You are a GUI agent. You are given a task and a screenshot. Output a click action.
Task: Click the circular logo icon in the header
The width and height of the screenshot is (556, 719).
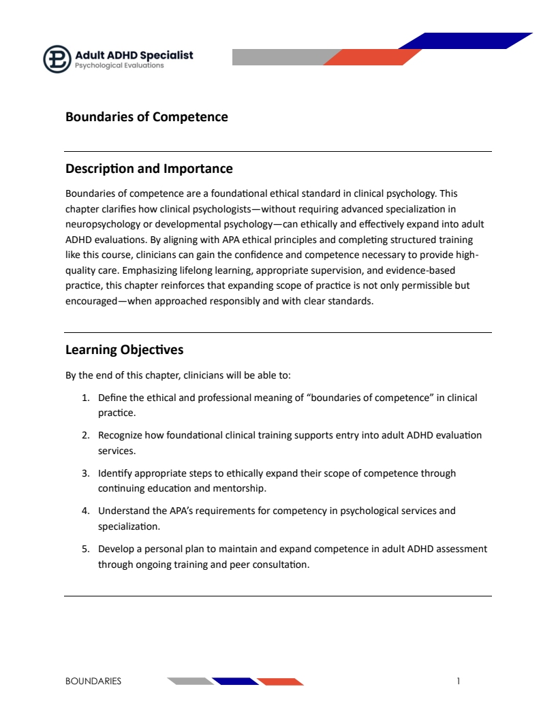57,59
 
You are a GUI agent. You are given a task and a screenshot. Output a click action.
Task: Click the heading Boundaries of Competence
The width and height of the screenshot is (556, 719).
146,117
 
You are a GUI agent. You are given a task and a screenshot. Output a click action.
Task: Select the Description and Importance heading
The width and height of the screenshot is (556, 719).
149,169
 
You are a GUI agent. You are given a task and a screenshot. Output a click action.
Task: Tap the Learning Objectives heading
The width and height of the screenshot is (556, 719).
124,350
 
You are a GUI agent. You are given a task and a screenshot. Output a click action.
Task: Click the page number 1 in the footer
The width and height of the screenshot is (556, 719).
459,681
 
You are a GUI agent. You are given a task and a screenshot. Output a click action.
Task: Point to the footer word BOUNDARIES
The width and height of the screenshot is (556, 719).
93,681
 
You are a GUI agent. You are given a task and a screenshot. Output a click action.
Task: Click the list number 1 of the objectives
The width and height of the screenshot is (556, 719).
85,398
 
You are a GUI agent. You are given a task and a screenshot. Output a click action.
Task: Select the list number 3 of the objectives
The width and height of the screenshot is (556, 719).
85,473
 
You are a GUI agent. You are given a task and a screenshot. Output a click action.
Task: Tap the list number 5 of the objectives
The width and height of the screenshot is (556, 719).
85,549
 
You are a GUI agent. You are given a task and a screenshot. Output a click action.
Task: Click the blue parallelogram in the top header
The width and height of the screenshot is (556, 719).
470,41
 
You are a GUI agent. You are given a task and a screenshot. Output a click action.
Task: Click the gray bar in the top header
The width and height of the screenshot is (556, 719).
279,57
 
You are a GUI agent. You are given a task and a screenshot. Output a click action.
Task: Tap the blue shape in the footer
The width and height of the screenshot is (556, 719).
235,681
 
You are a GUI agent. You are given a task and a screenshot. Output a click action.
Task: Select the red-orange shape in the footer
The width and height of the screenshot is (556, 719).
280,681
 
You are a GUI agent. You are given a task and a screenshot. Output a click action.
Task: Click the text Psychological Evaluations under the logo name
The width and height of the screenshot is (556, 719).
119,66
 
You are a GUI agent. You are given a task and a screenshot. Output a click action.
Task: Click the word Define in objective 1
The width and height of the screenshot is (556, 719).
112,398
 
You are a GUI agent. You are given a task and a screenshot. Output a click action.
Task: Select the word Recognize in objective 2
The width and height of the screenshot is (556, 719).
121,435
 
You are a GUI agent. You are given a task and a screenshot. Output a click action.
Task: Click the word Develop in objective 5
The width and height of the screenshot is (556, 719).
115,549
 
